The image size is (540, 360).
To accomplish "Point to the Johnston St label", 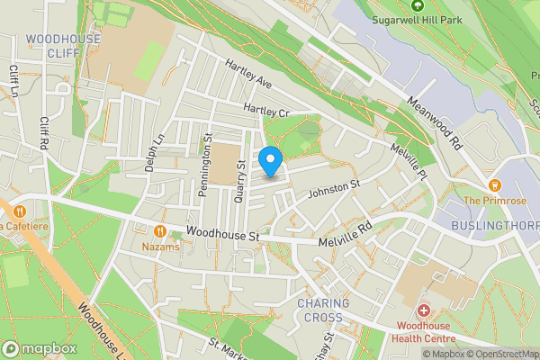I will pyautogui.click(x=334, y=188).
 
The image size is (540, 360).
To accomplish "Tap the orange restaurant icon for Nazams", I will pyautogui.click(x=160, y=229).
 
